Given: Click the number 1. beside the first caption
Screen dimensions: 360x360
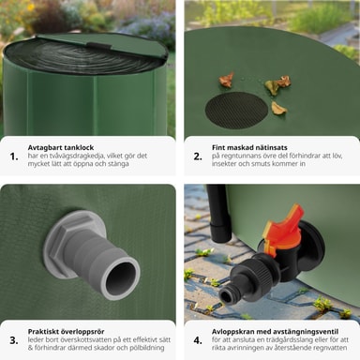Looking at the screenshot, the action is click(14, 157).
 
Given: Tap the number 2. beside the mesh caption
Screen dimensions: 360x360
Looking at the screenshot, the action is click(198, 157).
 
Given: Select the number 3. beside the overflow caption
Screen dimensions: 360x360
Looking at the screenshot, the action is click(14, 340).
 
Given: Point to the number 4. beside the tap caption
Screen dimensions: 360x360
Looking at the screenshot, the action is click(198, 340).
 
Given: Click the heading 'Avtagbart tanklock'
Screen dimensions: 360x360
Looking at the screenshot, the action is click(61, 147).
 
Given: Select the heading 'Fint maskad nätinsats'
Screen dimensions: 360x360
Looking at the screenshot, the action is click(249, 147).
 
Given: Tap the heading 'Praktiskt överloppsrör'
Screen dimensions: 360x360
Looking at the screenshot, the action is click(67, 332).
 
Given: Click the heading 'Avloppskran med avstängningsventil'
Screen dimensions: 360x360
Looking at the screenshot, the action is click(275, 332).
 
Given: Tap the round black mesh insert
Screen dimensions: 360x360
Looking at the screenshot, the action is click(236, 111).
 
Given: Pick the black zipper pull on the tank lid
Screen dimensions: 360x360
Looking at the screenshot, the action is click(99, 46).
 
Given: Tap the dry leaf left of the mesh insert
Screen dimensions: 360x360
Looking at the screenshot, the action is click(226, 80).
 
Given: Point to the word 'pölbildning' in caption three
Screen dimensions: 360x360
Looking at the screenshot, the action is click(147, 348).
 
